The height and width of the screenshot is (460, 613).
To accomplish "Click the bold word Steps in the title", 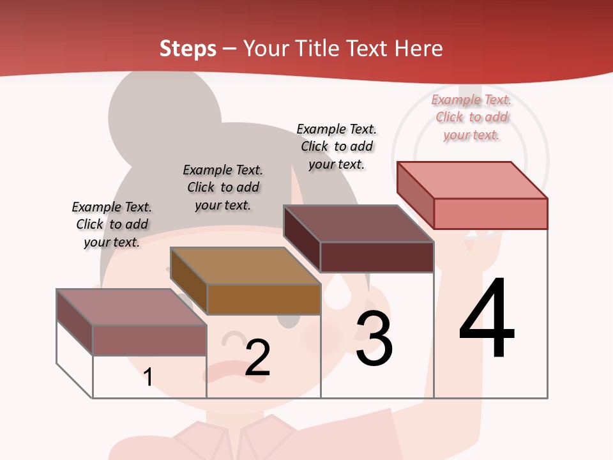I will pyautogui.click(x=188, y=49).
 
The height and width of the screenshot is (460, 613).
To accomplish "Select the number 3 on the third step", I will pyautogui.click(x=374, y=339).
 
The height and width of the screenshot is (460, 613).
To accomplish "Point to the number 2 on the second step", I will pyautogui.click(x=257, y=358).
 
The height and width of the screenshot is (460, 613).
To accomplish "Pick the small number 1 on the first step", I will pyautogui.click(x=148, y=377).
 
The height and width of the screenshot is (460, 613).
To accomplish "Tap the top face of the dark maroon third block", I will pyautogui.click(x=358, y=223).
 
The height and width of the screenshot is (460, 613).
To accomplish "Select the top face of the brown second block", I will pyautogui.click(x=245, y=265).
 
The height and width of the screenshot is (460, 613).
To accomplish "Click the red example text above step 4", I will pyautogui.click(x=471, y=118).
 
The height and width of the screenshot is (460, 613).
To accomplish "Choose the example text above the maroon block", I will pyautogui.click(x=337, y=146).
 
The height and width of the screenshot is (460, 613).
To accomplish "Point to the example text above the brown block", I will pyautogui.click(x=223, y=187).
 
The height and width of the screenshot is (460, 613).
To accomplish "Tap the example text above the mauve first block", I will pyautogui.click(x=112, y=224).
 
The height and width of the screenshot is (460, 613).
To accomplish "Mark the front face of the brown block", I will pyautogui.click(x=264, y=299).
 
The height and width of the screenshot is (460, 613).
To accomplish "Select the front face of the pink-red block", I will pyautogui.click(x=490, y=213).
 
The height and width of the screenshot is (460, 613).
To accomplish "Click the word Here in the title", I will pyautogui.click(x=419, y=49).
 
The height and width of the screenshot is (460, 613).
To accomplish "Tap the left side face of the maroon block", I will pyautogui.click(x=301, y=240).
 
